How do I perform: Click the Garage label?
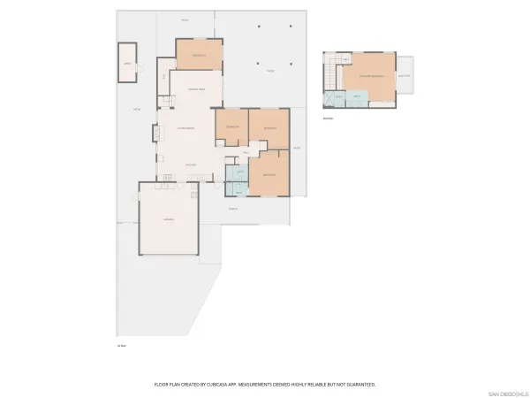coord(166,219)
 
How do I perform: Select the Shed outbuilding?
coord(127,63)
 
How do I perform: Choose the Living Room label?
coord(185,129)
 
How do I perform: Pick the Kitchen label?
coord(191,165)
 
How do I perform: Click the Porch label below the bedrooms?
coord(233,209)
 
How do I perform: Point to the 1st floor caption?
coord(122,345)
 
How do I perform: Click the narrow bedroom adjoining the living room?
coord(231,128)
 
